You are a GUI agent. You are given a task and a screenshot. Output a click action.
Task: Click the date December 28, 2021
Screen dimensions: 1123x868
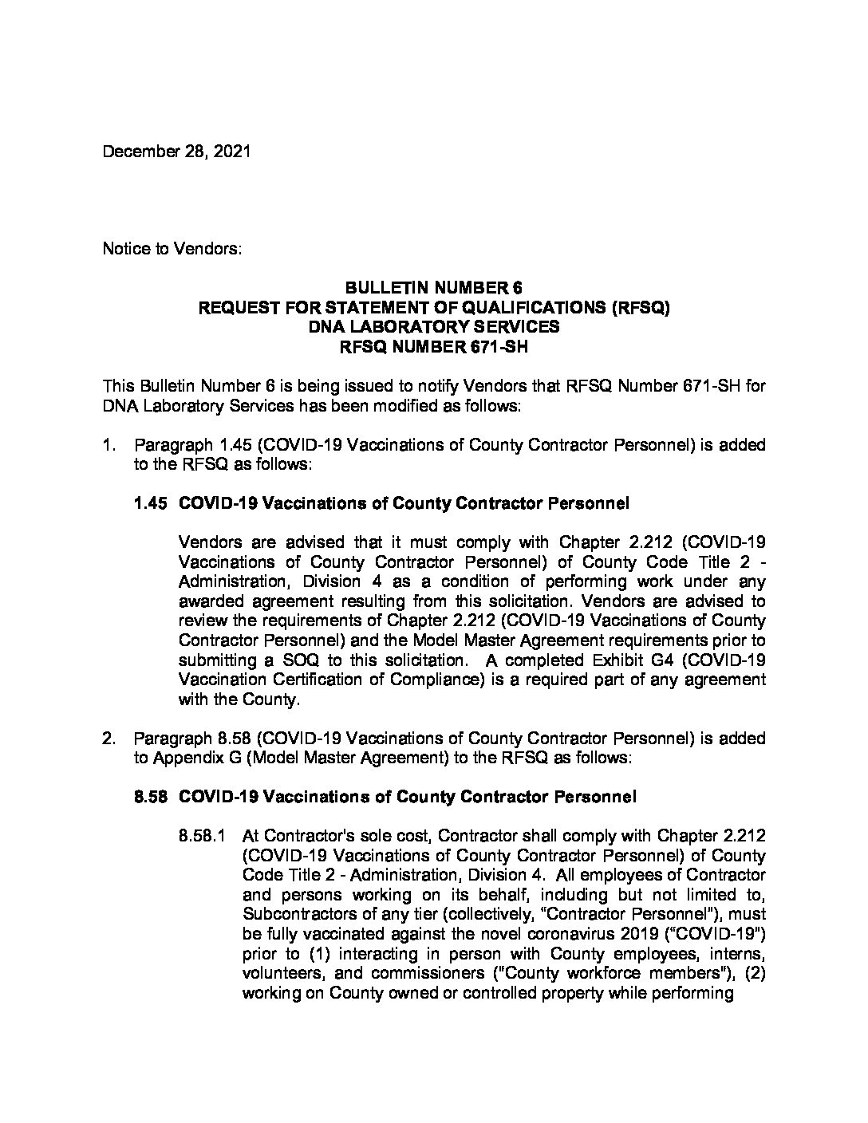176,151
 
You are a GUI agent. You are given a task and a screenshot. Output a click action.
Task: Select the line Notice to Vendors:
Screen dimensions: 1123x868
172,249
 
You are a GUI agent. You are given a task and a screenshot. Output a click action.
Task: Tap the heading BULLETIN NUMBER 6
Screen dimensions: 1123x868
433,288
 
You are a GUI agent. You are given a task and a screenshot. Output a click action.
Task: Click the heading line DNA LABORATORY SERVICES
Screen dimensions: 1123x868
433,326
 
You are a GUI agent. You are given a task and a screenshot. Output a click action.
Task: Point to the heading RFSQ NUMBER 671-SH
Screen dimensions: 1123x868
433,346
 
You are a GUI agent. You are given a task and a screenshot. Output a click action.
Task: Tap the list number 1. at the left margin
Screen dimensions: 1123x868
109,445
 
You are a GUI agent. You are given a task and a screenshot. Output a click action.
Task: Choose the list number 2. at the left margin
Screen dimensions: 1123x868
109,739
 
